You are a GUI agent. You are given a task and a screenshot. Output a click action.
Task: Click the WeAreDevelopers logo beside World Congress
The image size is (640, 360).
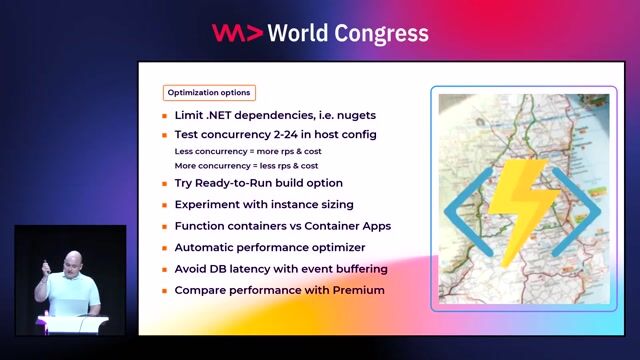click(x=236, y=33)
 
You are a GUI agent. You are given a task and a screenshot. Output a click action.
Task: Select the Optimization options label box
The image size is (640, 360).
click(x=209, y=93)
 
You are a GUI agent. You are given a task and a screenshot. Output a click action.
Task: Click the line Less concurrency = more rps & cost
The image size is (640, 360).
click(x=247, y=151)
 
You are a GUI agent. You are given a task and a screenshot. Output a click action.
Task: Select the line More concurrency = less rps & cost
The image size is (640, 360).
click(x=247, y=165)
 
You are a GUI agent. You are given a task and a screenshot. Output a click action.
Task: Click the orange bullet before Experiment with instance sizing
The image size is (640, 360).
click(x=165, y=205)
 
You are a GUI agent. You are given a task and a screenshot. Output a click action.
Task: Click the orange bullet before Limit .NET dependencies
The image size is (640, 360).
click(x=165, y=116)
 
